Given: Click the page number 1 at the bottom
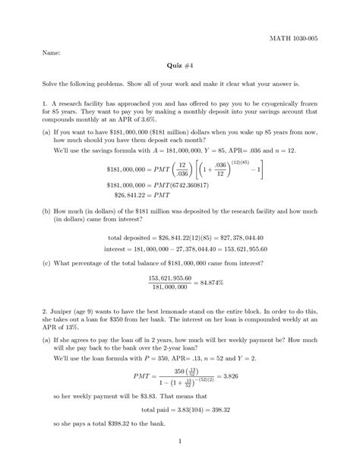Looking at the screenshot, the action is pyautogui.click(x=180, y=440).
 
